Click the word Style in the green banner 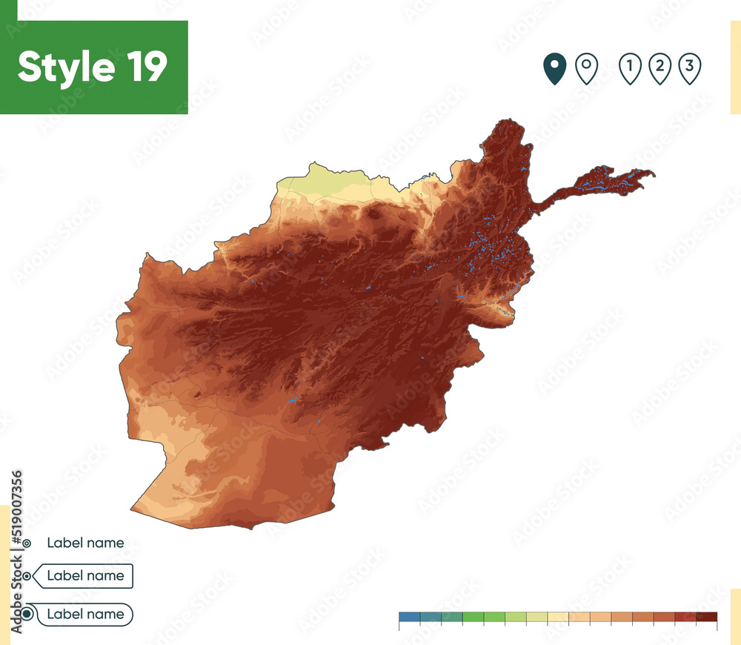(x=64, y=67)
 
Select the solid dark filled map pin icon (x=554, y=69)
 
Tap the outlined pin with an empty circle (x=587, y=69)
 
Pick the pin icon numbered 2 (x=659, y=69)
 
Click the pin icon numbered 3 (x=689, y=69)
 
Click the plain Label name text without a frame (x=85, y=543)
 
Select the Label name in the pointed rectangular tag (x=85, y=575)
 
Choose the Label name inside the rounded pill (x=85, y=614)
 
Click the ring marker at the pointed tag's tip (x=27, y=576)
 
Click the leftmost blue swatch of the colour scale (x=409, y=617)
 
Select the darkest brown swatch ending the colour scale (x=707, y=617)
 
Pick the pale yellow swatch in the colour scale (x=558, y=617)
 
